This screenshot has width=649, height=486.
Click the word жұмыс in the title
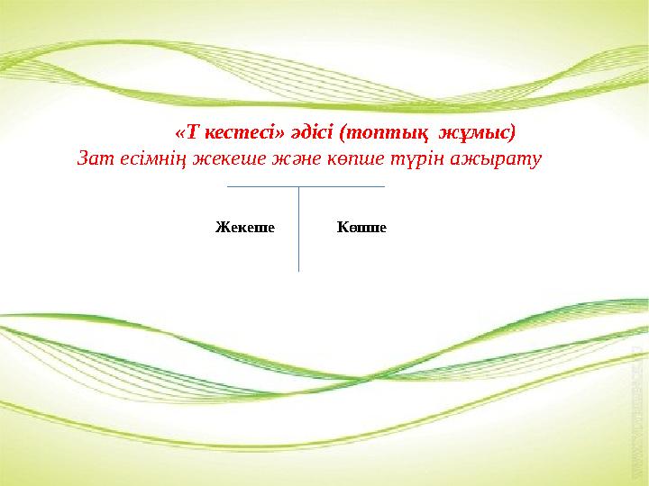477,133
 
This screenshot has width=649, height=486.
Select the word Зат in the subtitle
94,160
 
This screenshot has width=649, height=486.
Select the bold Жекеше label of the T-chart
244,227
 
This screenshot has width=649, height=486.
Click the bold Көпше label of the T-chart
361,227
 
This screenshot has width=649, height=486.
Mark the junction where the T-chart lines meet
298,186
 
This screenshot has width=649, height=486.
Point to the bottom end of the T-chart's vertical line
298,270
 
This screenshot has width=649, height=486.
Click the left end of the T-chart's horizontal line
228,186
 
